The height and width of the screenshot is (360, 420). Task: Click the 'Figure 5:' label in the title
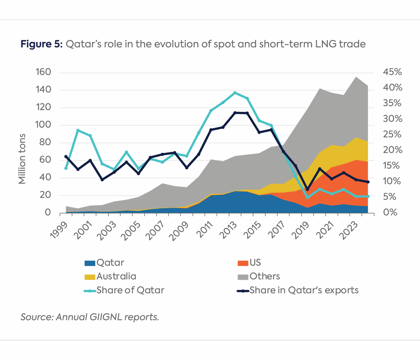pos(42,44)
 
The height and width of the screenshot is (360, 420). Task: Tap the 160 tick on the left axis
pos(43,72)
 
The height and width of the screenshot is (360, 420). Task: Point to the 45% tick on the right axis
pos(392,72)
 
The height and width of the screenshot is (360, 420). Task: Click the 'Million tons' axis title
pos(22,159)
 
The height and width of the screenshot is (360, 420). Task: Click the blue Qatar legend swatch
pos(90,263)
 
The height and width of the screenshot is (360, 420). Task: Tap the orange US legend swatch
pos(243,263)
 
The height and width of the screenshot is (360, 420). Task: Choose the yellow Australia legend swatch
pos(90,277)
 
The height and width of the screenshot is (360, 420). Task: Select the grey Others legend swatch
pos(243,277)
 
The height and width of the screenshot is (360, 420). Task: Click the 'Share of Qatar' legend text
pos(130,290)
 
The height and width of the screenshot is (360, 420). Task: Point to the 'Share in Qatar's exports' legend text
pos(304,290)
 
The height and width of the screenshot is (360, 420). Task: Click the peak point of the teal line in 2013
pos(235,93)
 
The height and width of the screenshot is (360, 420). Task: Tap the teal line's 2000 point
pos(78,130)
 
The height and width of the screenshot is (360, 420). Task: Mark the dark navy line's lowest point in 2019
pos(307,189)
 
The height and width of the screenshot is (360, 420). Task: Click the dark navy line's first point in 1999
pos(66,157)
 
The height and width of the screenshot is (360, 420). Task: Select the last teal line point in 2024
pos(368,196)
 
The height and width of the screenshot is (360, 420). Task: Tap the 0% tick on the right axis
pos(390,212)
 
